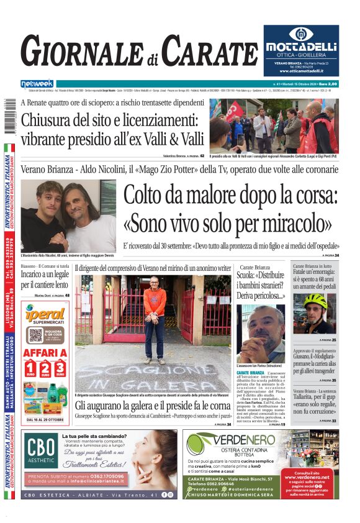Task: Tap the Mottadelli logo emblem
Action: (x=300, y=35)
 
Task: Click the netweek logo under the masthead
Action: (x=37, y=83)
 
